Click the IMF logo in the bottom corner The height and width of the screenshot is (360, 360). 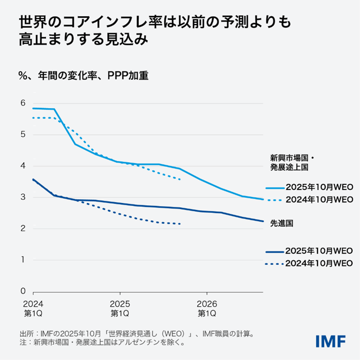point(331,341)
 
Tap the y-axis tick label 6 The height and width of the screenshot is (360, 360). point(22,103)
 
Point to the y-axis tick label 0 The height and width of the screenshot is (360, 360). point(22,291)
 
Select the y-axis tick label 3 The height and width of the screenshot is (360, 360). point(22,197)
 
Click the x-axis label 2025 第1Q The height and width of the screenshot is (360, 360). point(120,308)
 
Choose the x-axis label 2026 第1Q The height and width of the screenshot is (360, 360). point(206,308)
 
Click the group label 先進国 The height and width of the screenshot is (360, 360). point(280,223)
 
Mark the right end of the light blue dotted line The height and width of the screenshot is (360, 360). point(180,180)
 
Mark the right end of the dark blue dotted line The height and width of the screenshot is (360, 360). point(180,224)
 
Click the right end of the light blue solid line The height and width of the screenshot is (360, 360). point(263,199)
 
